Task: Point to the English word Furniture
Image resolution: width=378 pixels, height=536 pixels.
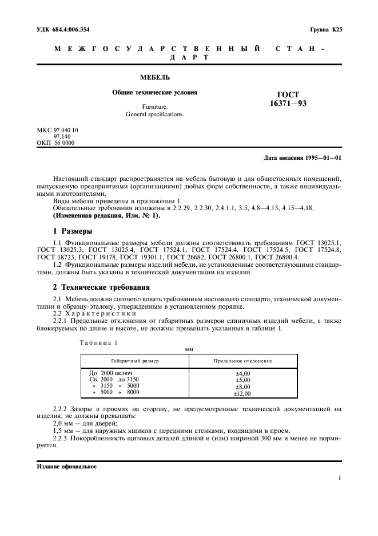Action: point(155,107)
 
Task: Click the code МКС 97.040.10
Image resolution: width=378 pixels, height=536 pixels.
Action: point(57,130)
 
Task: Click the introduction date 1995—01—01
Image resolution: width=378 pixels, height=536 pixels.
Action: point(322,157)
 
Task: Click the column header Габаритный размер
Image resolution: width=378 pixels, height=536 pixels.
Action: point(135,361)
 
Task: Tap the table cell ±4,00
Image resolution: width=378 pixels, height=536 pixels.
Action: point(242,373)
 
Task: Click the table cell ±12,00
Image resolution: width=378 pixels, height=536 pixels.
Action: point(242,394)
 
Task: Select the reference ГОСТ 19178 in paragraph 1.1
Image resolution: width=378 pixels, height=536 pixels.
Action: point(89,257)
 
